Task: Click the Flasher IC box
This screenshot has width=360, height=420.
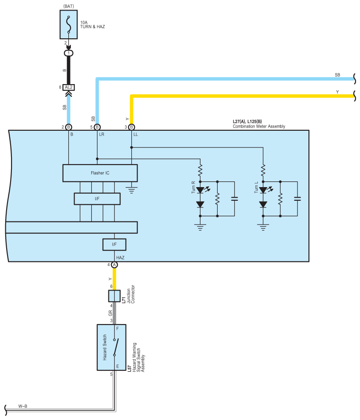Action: pos(100,173)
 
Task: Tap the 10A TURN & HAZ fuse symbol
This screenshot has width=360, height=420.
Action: pos(69,25)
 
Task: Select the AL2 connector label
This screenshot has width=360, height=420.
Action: pos(69,87)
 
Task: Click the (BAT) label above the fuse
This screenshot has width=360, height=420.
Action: pos(69,6)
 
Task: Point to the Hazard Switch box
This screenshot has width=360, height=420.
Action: pos(111,347)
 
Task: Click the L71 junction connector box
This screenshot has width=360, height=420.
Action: pos(115,296)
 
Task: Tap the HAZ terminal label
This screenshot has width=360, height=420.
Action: pos(120,258)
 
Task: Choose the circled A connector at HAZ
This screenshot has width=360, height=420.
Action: pos(115,265)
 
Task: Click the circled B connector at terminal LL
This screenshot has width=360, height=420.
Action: pos(131,127)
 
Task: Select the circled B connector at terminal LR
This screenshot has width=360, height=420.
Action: pos(97,127)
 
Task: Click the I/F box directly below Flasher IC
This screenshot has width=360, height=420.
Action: pos(97,199)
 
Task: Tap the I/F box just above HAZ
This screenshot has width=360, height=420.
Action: pos(115,244)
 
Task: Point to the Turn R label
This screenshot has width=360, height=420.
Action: pos(193,187)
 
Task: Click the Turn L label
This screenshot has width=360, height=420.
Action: pos(256,187)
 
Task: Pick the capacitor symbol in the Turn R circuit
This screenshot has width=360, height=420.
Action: pos(234,199)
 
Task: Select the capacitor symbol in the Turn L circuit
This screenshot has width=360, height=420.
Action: pos(297,199)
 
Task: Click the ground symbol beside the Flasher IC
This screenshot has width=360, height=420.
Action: pos(131,190)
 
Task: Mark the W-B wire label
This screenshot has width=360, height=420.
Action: pos(23,406)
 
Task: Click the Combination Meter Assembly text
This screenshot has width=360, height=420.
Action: pos(259,126)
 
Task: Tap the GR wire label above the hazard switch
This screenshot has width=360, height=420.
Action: pos(110,313)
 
